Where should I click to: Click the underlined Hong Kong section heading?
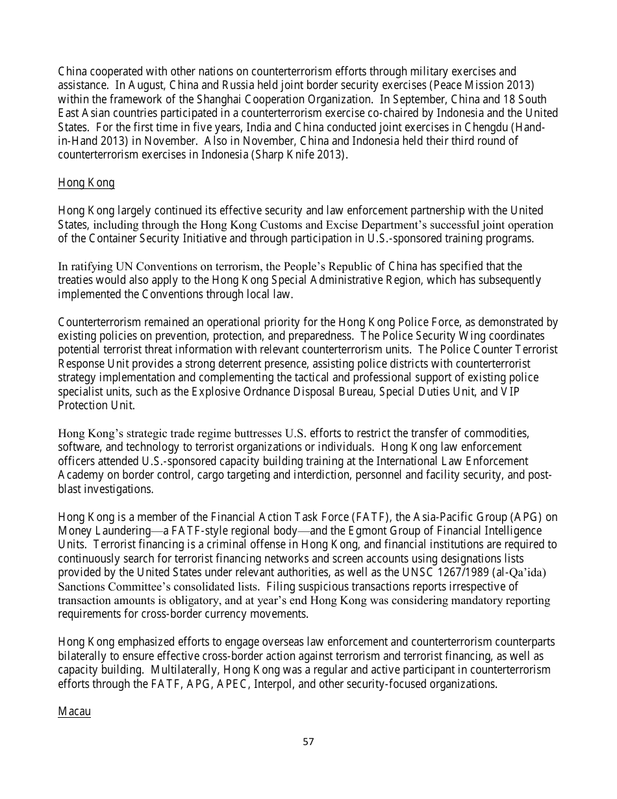(x=86, y=183)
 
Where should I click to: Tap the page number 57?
(x=308, y=741)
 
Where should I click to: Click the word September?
(x=418, y=99)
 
